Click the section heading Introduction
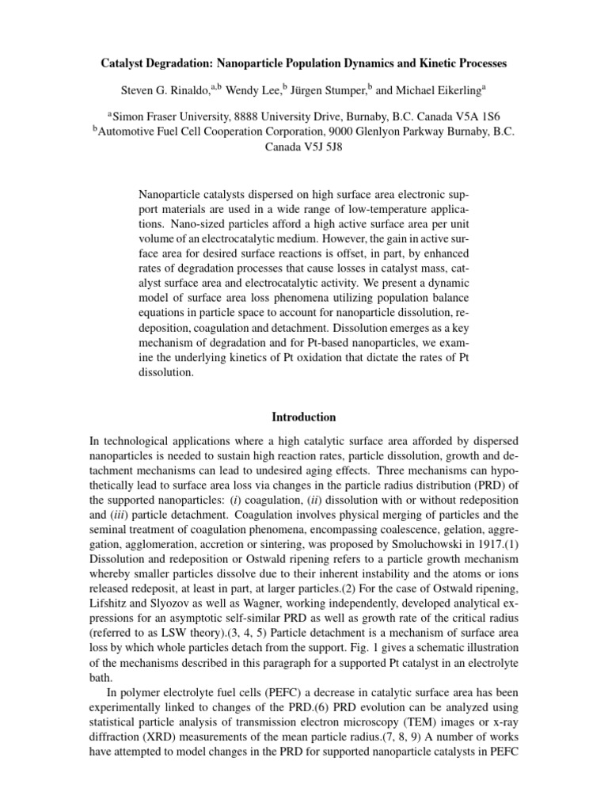(304, 417)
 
